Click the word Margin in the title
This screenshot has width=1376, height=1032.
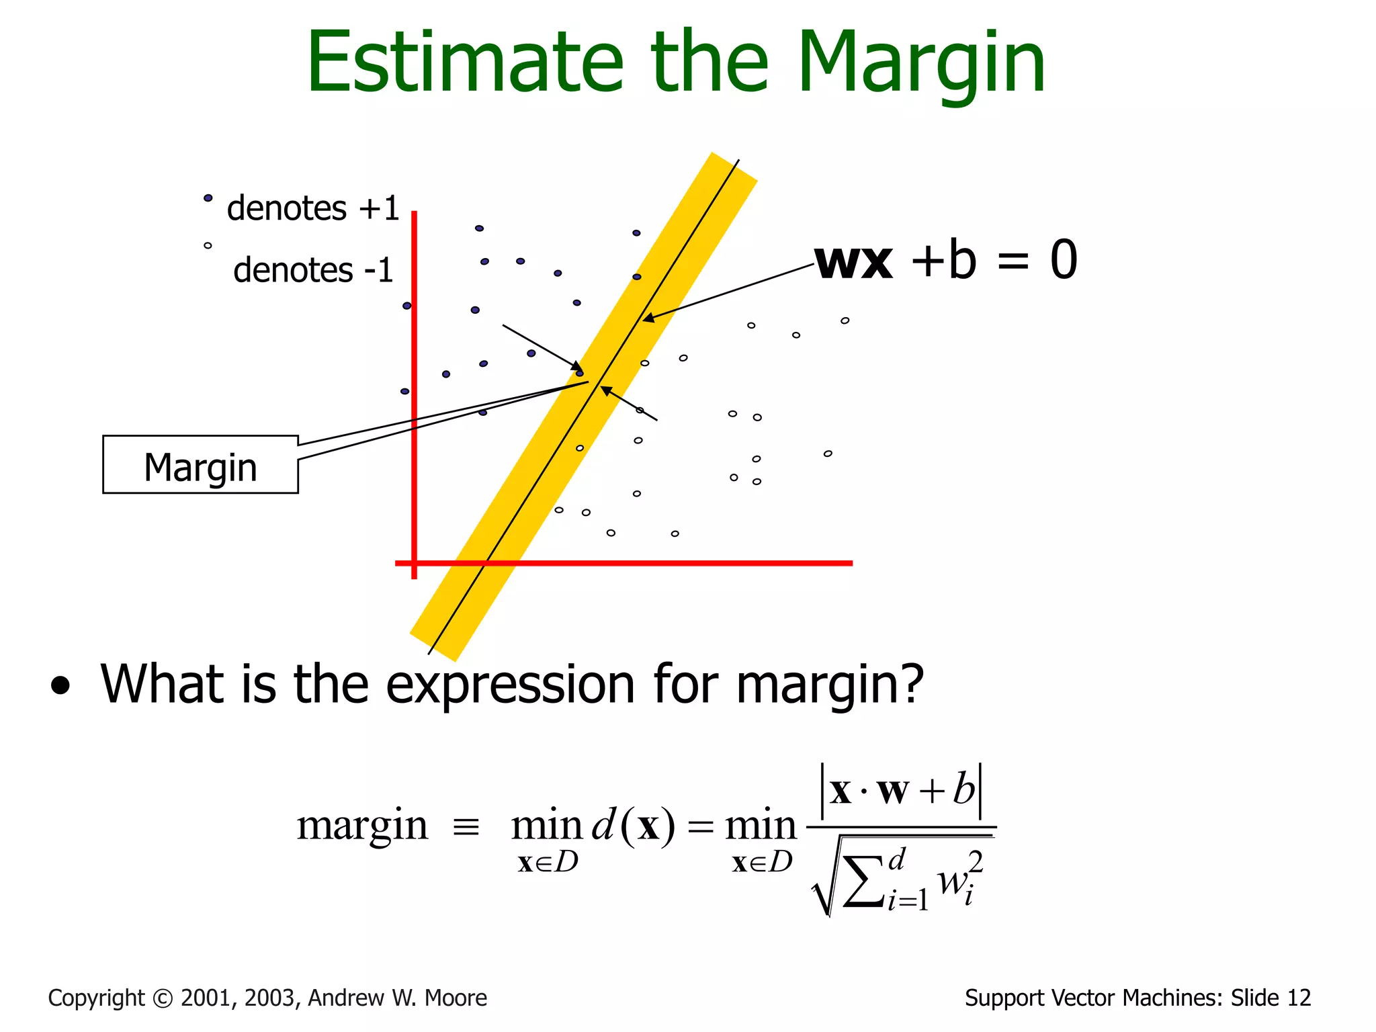point(920,64)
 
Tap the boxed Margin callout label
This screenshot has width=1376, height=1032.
point(200,466)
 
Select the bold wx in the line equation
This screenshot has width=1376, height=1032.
point(853,261)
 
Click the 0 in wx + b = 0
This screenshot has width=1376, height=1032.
point(1064,261)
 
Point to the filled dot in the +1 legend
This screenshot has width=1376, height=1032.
point(208,198)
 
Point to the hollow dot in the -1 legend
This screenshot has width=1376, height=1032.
point(208,246)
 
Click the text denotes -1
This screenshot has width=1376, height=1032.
point(312,270)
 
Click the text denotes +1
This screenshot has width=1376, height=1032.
point(312,208)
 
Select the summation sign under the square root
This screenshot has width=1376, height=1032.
point(863,881)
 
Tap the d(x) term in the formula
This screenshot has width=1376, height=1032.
point(632,826)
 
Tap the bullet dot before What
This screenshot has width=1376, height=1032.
point(60,686)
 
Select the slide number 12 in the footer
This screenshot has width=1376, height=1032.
point(1299,998)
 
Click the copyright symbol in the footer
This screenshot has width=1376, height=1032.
point(163,998)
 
